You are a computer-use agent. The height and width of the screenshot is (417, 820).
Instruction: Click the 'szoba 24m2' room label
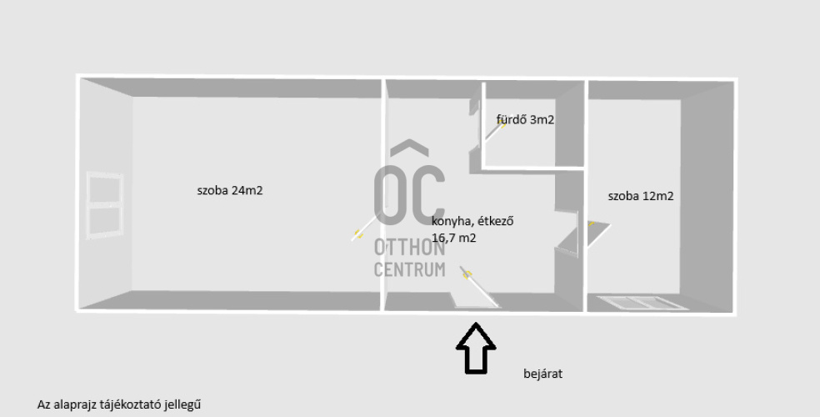229,190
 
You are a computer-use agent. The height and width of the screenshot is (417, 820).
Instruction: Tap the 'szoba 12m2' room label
640,197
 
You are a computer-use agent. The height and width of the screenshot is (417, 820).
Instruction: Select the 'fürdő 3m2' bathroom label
525,120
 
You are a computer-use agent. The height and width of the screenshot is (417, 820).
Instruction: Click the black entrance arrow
476,349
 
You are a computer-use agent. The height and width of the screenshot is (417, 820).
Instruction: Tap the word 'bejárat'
542,374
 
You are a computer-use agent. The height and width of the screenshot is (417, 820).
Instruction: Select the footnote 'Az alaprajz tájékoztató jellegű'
119,404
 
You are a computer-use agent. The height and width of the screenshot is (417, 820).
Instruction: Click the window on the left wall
106,205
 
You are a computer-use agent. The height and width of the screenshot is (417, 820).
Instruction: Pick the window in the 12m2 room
638,302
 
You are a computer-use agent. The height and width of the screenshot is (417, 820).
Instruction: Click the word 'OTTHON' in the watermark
409,248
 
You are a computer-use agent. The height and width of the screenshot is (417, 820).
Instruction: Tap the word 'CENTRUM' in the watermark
409,269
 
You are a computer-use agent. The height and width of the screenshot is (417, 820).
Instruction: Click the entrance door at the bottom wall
474,289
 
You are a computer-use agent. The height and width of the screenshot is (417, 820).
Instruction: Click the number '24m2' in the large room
247,190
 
